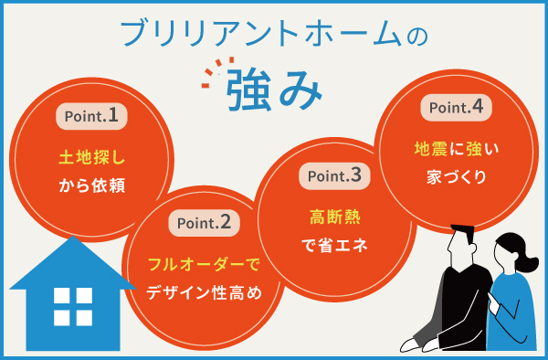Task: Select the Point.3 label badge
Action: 335,175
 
